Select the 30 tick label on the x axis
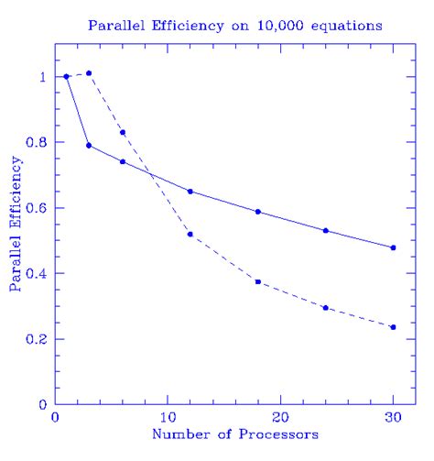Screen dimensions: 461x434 point(393,418)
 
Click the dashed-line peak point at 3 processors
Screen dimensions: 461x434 point(89,73)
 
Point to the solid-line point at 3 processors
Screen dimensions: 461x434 point(89,145)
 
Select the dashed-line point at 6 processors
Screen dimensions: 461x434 point(123,132)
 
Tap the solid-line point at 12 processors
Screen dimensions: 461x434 point(190,192)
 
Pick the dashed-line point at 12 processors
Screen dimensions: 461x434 point(190,234)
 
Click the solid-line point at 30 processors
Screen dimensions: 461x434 point(393,247)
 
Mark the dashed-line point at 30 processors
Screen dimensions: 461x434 point(393,327)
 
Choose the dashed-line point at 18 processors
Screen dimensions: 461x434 point(258,281)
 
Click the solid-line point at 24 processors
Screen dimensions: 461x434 point(326,230)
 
